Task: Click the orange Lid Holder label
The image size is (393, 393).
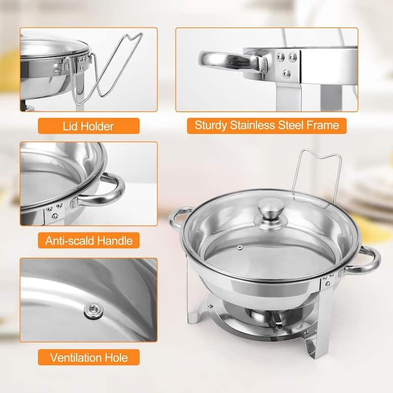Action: [88, 126]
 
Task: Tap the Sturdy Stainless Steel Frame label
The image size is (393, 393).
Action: [267, 125]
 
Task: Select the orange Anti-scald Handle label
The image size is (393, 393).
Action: [88, 241]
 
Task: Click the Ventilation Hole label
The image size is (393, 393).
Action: [88, 357]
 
